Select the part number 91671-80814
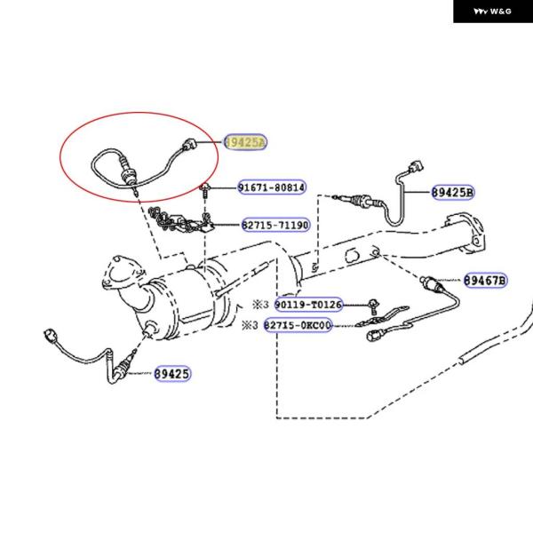[x=271, y=187]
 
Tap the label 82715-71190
[x=274, y=226]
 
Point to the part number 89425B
[x=453, y=192]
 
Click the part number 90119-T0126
[x=307, y=305]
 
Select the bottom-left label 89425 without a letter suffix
[x=171, y=374]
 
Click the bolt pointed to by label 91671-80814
[x=206, y=187]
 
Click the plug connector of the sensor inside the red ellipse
[x=186, y=144]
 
